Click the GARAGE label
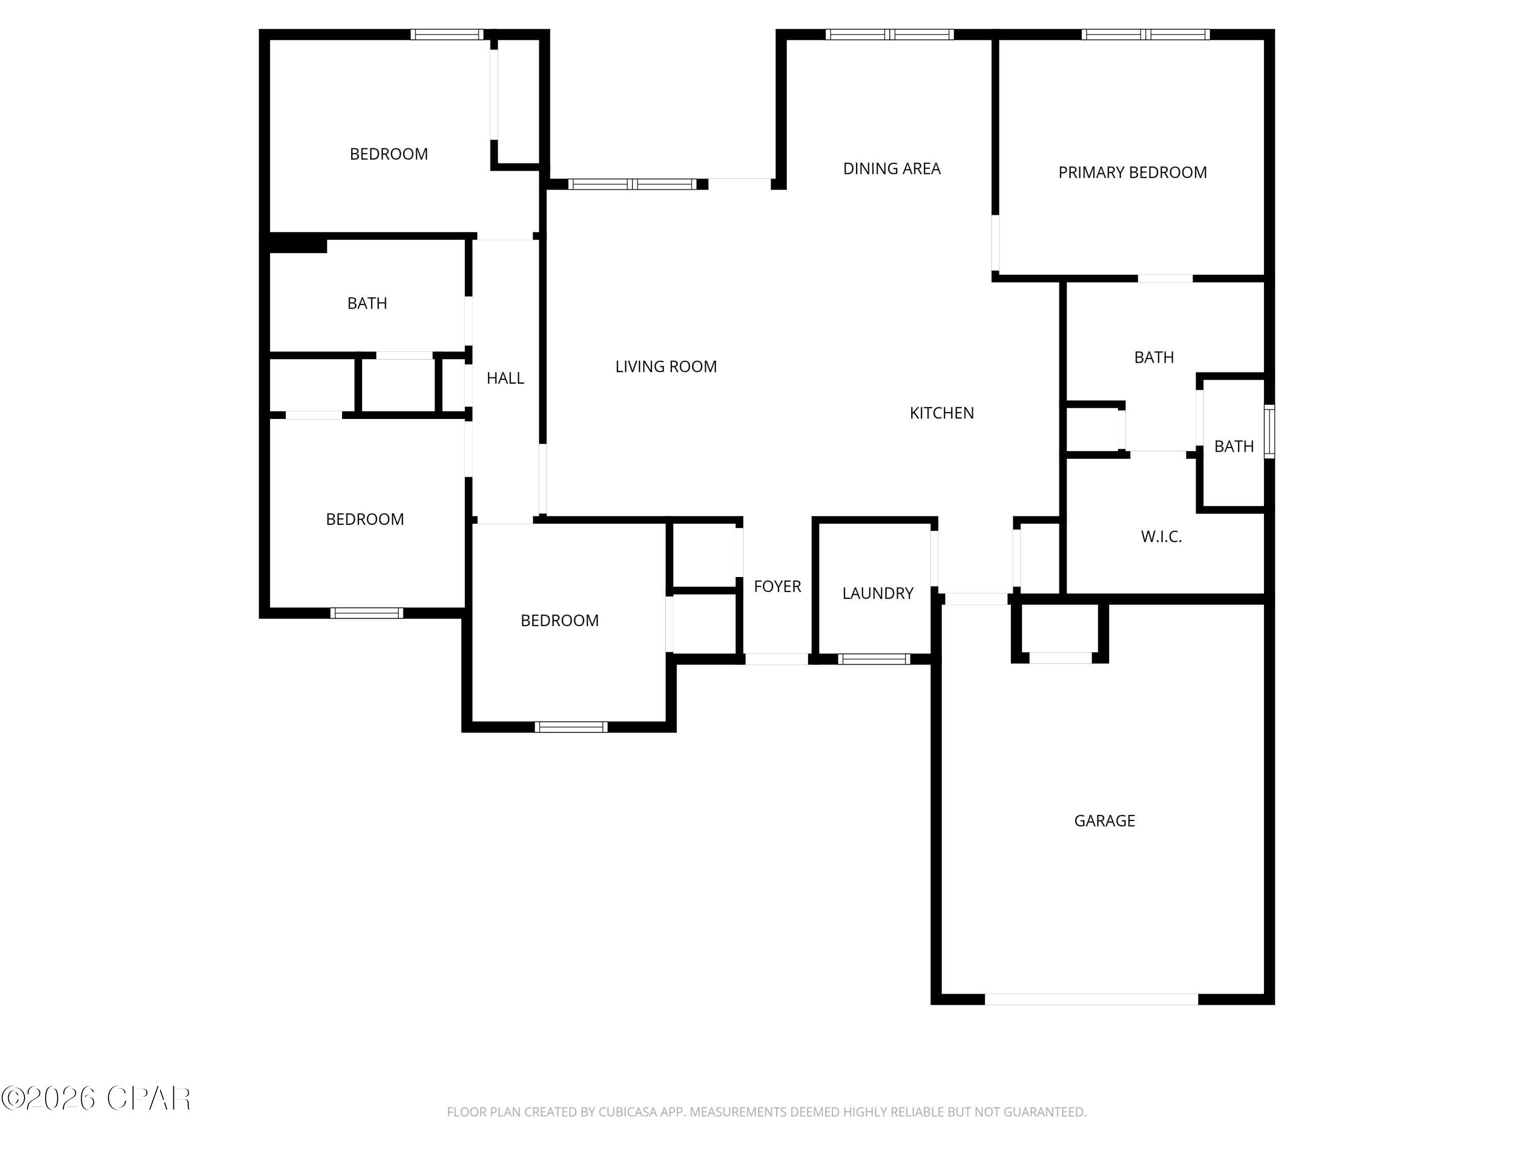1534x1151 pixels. [1104, 821]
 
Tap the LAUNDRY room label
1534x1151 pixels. [877, 593]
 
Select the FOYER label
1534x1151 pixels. [777, 586]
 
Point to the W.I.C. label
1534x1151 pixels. [1161, 536]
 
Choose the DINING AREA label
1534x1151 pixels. [891, 169]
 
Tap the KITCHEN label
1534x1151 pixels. [941, 413]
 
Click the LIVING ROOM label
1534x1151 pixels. [666, 366]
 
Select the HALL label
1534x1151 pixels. [505, 378]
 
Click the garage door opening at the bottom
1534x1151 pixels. [1091, 999]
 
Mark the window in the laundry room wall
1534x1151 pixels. [874, 659]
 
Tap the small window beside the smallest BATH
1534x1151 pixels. [1269, 432]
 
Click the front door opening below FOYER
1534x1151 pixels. [776, 659]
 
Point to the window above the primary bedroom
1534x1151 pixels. [1146, 34]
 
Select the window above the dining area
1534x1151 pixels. [890, 34]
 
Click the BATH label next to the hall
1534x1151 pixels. [367, 303]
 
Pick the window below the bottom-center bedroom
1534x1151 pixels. [571, 727]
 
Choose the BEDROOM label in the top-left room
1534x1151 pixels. [388, 154]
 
